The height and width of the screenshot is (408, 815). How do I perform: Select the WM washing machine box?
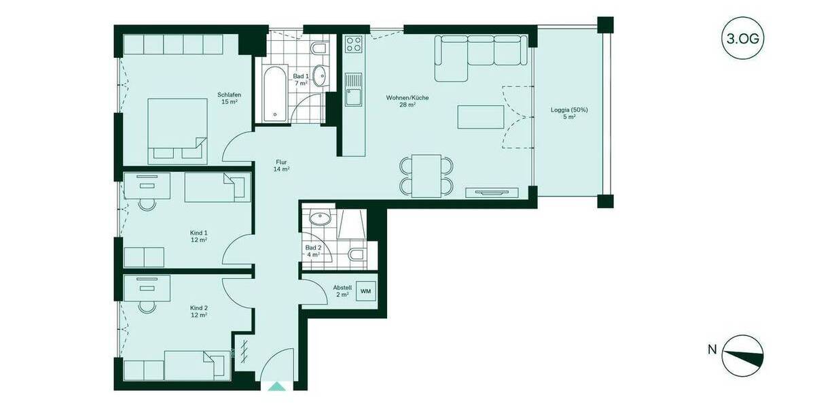coord(365,292)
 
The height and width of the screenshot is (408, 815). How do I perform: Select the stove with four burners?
coord(353,45)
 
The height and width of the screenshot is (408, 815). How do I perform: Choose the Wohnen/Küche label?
coord(407,101)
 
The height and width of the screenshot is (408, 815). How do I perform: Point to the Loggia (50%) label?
coord(568,113)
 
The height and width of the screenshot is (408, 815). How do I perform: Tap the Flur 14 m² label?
coord(282,165)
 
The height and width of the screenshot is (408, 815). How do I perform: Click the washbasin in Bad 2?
coord(319,218)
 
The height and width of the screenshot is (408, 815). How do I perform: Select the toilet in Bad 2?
coord(355,256)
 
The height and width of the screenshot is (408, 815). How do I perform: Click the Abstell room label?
coord(341,291)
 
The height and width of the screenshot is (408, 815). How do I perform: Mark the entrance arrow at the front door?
coord(277,387)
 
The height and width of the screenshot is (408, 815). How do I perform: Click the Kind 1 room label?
coord(198,236)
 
